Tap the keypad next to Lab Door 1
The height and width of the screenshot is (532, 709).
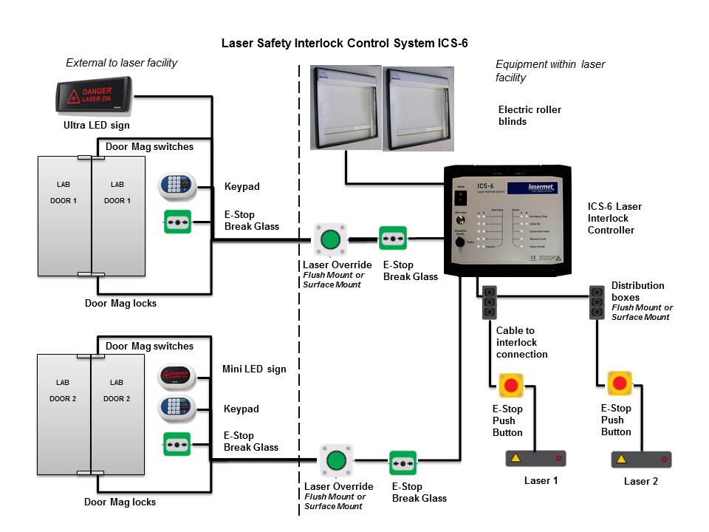(x=177, y=186)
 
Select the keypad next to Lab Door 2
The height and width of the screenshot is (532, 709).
(x=177, y=409)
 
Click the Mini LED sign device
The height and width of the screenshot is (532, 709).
(x=177, y=378)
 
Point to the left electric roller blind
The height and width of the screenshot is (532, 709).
(x=345, y=107)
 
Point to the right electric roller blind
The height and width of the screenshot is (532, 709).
(x=419, y=107)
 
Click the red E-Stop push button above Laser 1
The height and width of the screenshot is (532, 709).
(x=511, y=385)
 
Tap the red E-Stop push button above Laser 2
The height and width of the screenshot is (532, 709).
(x=620, y=383)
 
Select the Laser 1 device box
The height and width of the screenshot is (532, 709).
(x=535, y=459)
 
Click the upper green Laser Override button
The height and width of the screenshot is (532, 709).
(x=329, y=239)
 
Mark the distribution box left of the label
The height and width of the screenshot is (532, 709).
(x=597, y=302)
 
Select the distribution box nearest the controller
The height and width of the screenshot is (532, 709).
(x=488, y=302)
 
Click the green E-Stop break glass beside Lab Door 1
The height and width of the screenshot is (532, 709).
(x=178, y=222)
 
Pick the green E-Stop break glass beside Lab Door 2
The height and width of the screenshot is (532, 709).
(x=177, y=445)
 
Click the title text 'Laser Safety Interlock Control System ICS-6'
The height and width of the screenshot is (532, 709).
(x=345, y=43)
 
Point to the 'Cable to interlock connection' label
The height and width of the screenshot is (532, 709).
(x=521, y=342)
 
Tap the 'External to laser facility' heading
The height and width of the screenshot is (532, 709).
(x=122, y=63)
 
